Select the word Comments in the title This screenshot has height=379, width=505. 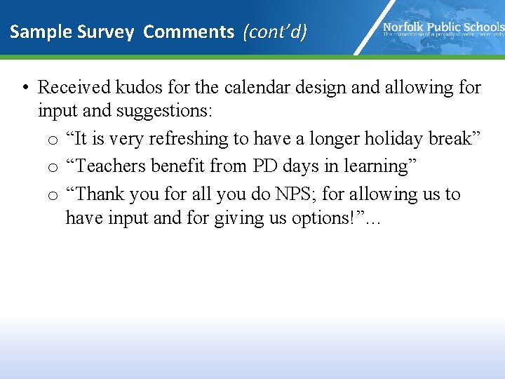[x=189, y=32]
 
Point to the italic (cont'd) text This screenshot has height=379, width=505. [x=275, y=32]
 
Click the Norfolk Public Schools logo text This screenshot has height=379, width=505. [x=443, y=27]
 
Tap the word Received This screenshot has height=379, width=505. [x=74, y=87]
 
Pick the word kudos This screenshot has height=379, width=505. [x=140, y=87]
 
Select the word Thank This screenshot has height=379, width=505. [x=101, y=193]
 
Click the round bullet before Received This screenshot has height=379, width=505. [x=25, y=88]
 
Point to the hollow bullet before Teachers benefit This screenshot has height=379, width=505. [x=53, y=168]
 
